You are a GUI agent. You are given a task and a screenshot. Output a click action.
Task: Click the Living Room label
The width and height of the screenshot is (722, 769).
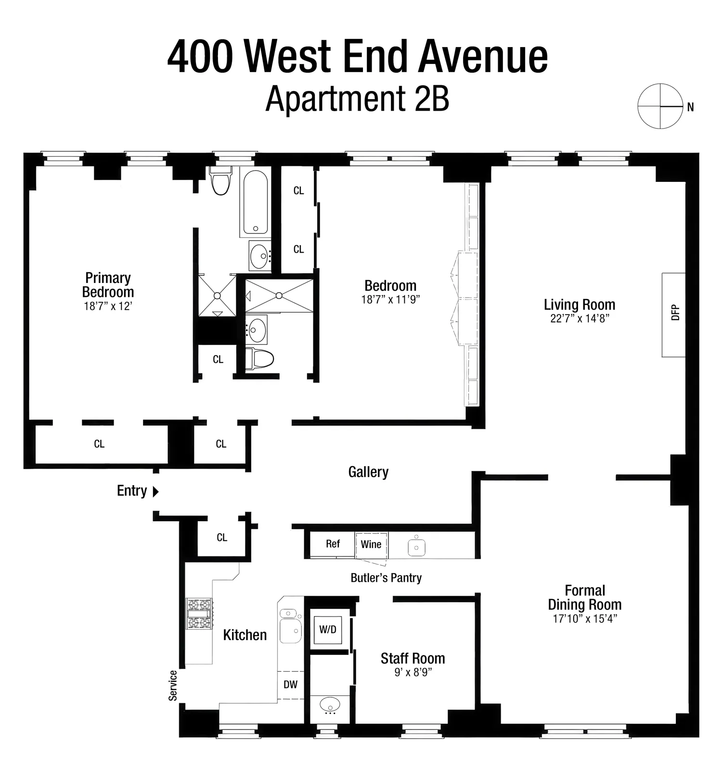580,305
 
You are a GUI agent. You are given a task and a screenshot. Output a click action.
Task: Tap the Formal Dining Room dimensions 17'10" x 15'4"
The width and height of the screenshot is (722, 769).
585,619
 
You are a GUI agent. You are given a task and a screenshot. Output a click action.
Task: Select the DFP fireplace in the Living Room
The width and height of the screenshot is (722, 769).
674,314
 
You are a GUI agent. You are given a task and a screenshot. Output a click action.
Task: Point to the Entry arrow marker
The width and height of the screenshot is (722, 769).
155,491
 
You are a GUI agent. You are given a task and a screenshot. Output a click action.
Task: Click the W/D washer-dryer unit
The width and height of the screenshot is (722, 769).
328,629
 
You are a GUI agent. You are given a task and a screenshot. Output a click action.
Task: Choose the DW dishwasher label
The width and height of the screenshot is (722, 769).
290,684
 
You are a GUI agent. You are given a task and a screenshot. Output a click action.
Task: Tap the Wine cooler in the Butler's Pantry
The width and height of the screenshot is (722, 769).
371,544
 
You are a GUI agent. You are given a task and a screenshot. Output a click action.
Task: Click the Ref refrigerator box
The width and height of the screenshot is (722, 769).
333,544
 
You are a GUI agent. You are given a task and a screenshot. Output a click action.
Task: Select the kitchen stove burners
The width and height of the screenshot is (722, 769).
199,614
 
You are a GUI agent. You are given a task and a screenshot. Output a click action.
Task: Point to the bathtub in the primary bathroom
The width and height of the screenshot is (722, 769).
256,202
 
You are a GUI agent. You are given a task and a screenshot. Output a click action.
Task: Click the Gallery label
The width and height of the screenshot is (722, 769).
368,472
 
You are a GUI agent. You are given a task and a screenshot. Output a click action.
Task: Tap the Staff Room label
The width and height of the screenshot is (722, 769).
413,658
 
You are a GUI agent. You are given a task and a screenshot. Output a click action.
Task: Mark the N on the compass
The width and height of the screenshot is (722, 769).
690,107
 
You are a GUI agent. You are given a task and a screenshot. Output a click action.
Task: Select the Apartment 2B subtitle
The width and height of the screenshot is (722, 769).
357,98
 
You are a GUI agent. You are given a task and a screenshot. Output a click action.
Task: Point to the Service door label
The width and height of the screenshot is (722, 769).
173,685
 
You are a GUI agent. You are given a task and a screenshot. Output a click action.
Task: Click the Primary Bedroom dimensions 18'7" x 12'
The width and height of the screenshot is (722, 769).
108,306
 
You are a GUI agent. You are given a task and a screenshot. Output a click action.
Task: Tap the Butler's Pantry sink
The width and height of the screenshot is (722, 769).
416,547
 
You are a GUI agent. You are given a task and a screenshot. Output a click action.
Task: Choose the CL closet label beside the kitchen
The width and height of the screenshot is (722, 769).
221,538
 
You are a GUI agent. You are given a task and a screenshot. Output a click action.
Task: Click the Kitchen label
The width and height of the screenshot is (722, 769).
245,635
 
